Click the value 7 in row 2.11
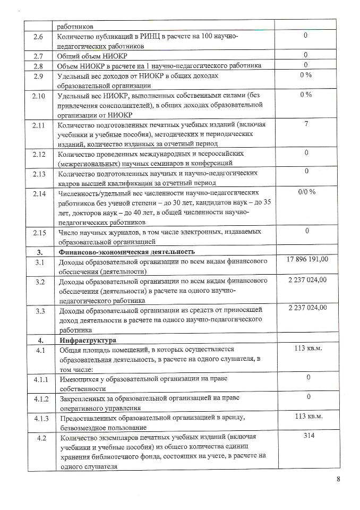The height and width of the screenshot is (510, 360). tap(306, 123)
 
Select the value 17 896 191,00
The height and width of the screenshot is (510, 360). tap(307, 259)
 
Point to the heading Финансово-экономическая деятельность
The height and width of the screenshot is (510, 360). tap(119, 251)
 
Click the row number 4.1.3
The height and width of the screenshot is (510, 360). tap(39, 418)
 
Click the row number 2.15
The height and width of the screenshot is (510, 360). tap(39, 232)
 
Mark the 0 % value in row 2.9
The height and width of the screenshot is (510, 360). tap(306, 74)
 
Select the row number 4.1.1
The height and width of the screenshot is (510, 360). tap(39, 378)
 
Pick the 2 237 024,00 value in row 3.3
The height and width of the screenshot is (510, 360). tap(307, 308)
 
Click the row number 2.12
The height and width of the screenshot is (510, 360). tap(39, 154)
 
